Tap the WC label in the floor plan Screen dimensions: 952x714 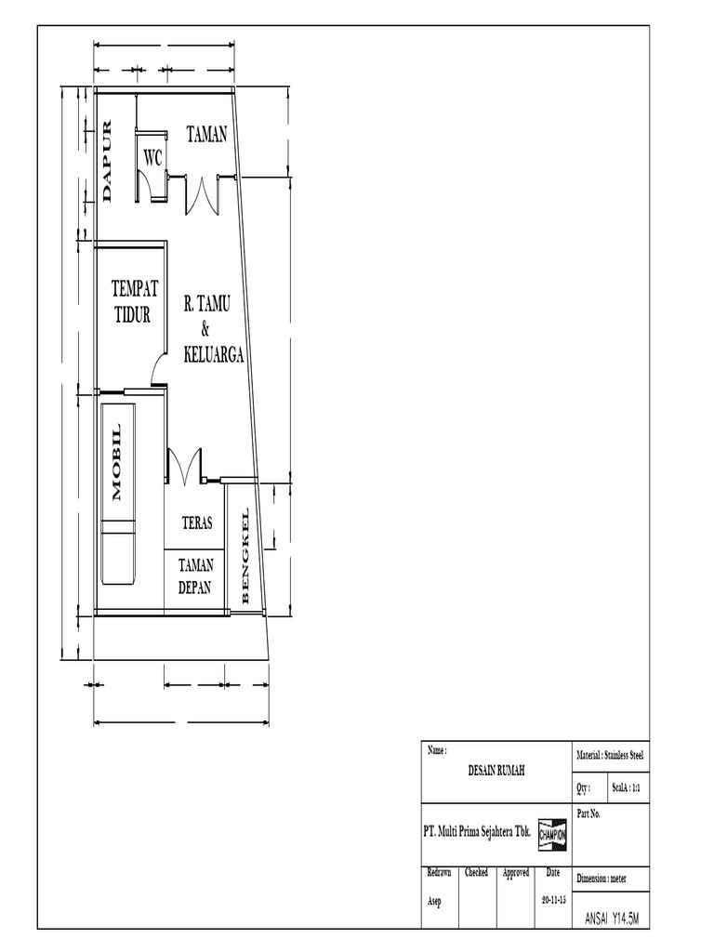coord(152,159)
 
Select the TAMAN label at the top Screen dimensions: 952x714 coord(206,136)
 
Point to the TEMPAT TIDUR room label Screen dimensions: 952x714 coord(135,300)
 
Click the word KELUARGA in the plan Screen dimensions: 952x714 coord(214,354)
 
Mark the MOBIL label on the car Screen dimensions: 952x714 coord(117,462)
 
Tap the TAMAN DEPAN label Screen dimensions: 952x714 coord(195,576)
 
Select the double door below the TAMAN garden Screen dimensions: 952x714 coord(203,194)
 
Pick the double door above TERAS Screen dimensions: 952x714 coord(184,466)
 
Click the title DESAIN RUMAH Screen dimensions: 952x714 coord(496,771)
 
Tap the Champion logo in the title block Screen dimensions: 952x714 coord(552,835)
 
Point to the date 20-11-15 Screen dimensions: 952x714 coord(553,902)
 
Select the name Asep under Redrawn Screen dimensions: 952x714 coord(435,902)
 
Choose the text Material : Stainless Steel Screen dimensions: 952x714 coord(610,757)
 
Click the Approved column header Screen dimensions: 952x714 coord(516,873)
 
